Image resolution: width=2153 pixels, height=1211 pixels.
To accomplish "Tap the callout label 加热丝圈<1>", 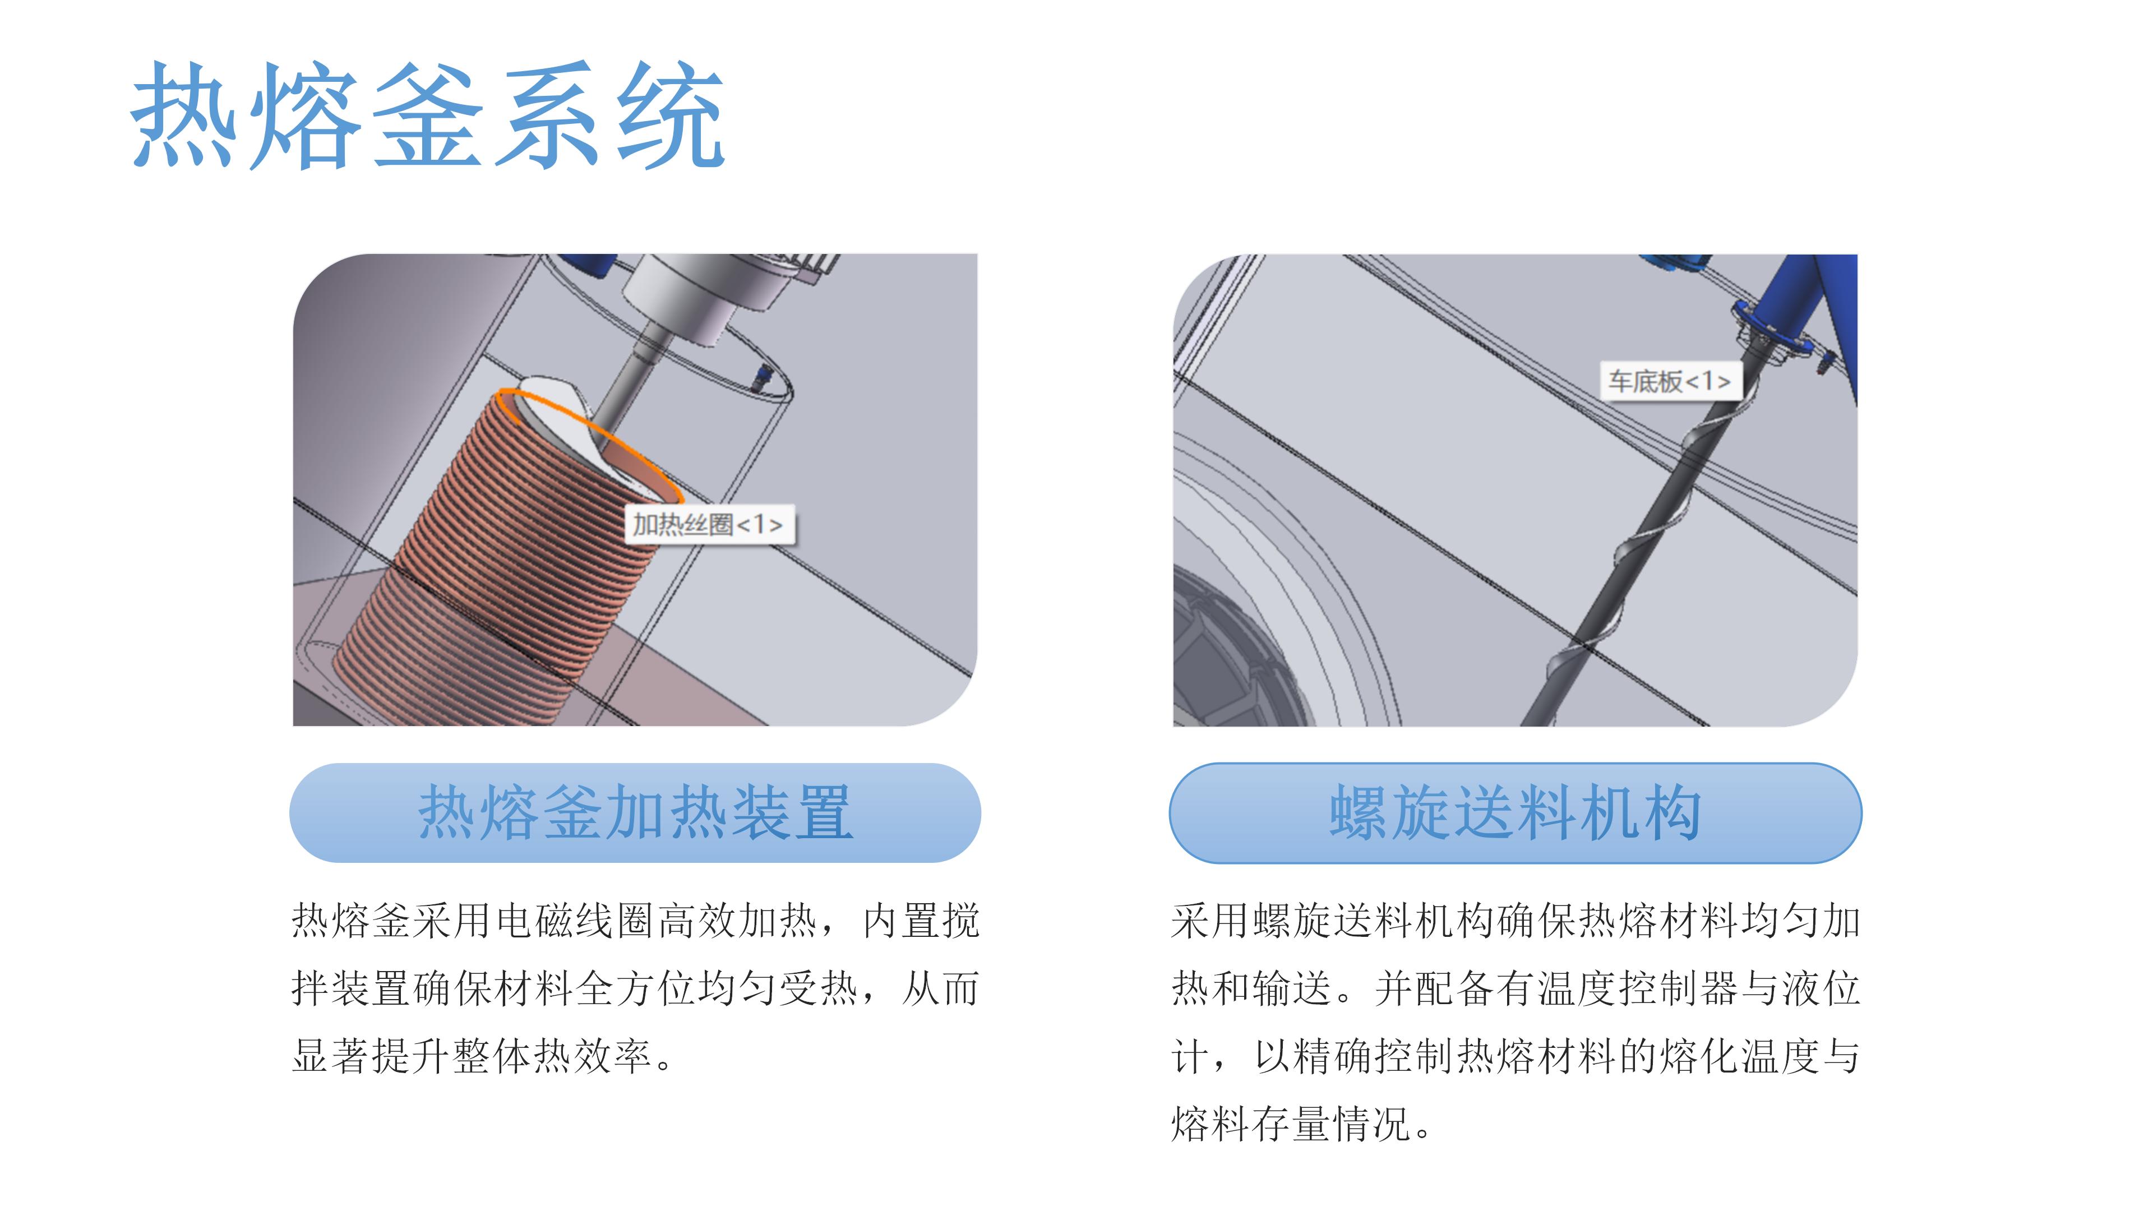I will tap(709, 525).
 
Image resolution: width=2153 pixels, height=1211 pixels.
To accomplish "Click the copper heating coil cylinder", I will tap(501, 568).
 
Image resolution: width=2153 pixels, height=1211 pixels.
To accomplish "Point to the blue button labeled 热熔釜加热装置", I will tap(635, 812).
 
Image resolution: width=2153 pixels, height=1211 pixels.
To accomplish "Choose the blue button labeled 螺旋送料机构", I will tap(1514, 812).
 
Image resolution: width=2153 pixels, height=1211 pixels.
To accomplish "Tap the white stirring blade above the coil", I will tap(560, 409).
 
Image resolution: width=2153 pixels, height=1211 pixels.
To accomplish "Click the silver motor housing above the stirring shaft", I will tap(702, 293).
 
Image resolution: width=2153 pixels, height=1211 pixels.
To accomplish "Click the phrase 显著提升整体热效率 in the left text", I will tap(472, 1056).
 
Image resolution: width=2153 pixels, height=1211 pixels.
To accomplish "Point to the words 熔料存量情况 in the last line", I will tap(1291, 1124).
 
